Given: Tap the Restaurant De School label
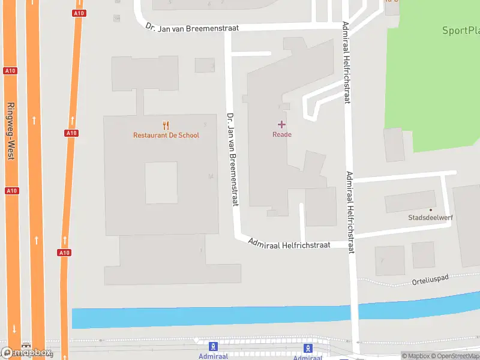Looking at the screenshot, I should point(166,135).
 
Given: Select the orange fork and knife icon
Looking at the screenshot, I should point(166,125).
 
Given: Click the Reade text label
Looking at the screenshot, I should point(282,134).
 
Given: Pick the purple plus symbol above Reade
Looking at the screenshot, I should point(281,124).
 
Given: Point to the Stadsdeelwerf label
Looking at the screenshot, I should point(430,218).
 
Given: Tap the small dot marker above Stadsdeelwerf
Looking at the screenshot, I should point(430,209).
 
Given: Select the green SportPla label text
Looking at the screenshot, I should point(460,31).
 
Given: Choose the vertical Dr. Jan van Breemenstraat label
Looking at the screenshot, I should point(232,159).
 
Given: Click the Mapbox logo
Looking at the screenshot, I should point(27,353).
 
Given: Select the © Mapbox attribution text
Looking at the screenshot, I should point(416,356).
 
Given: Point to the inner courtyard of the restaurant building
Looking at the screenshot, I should point(161,182).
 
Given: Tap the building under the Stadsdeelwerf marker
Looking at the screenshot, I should point(410,201).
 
